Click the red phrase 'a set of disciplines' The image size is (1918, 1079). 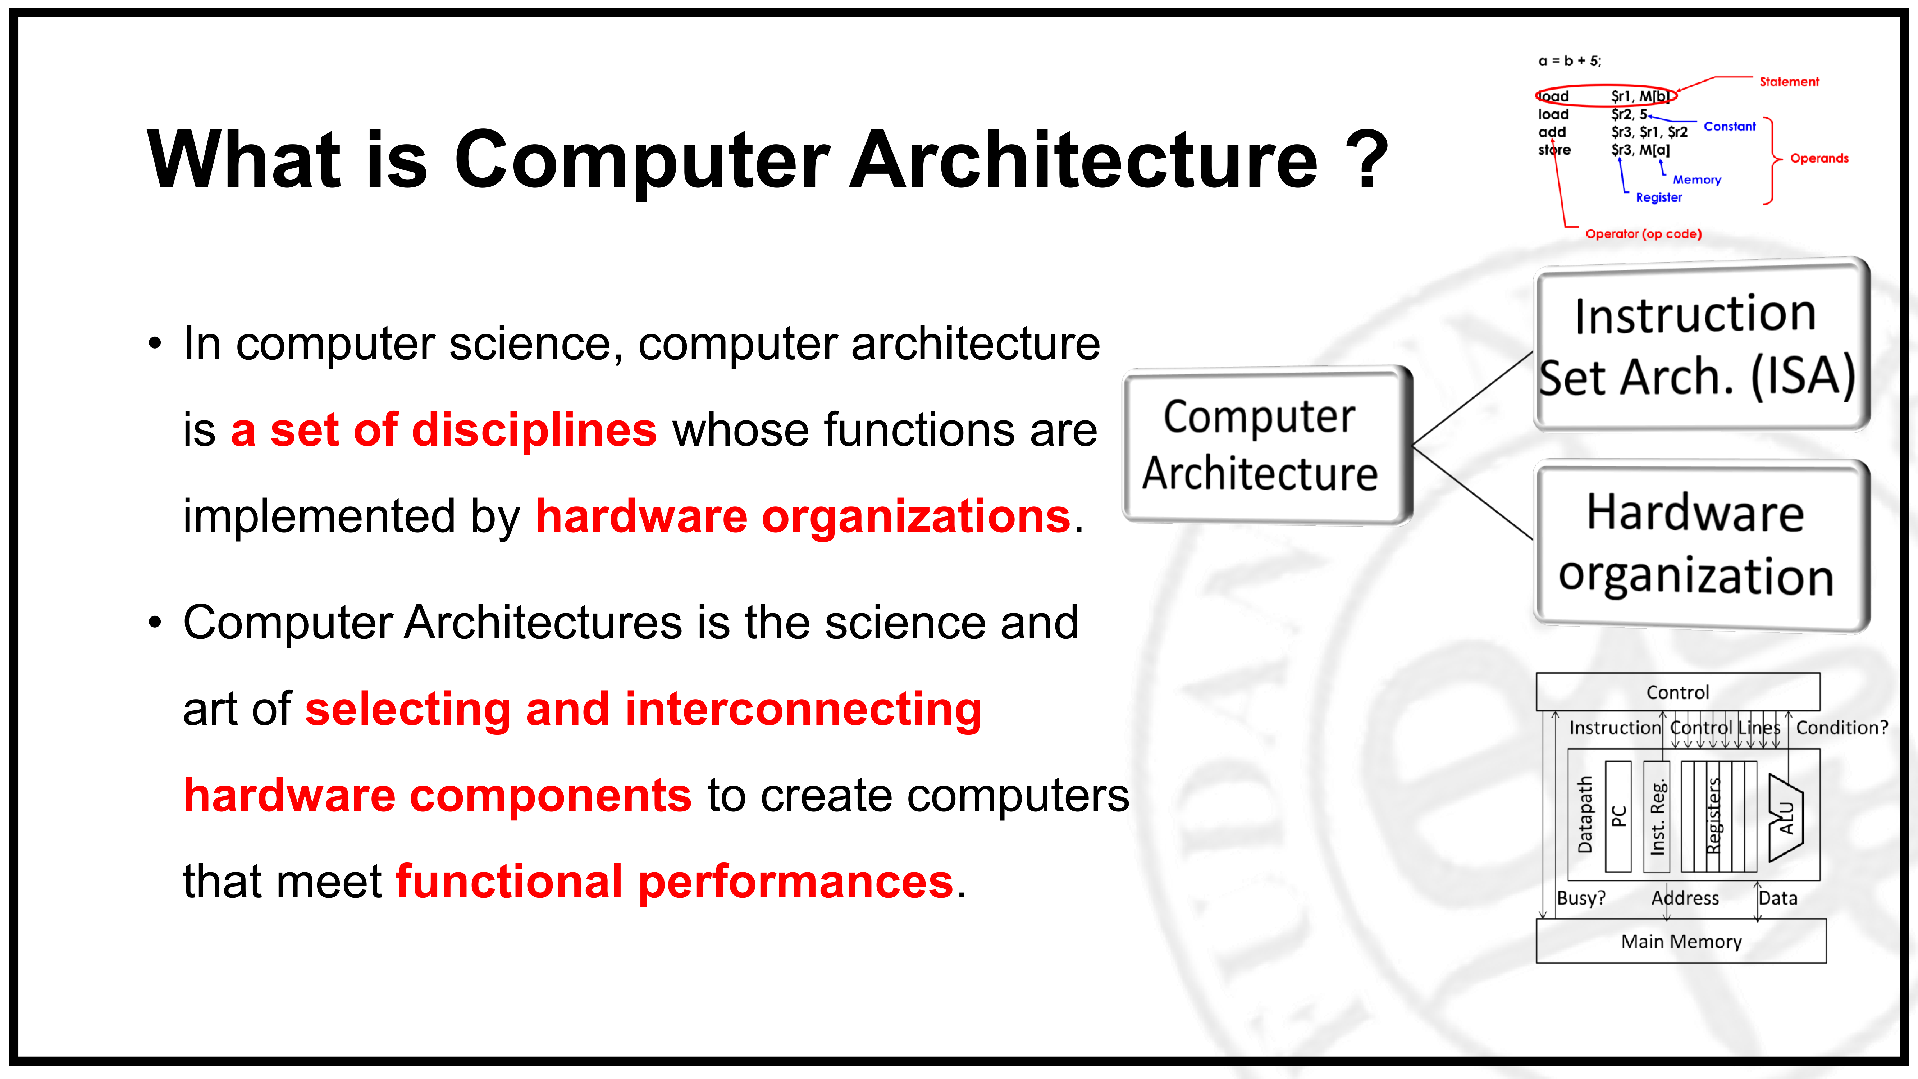pyautogui.click(x=444, y=431)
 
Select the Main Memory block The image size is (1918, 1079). pyautogui.click(x=1681, y=941)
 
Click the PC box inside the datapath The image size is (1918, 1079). pyautogui.click(x=1618, y=816)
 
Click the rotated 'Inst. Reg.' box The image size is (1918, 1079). pyautogui.click(x=1657, y=816)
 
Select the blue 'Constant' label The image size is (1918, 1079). pyautogui.click(x=1730, y=127)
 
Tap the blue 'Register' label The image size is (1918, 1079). pyautogui.click(x=1659, y=197)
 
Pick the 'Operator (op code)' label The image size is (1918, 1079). pyautogui.click(x=1643, y=234)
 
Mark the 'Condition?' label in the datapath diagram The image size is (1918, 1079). pyautogui.click(x=1842, y=728)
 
